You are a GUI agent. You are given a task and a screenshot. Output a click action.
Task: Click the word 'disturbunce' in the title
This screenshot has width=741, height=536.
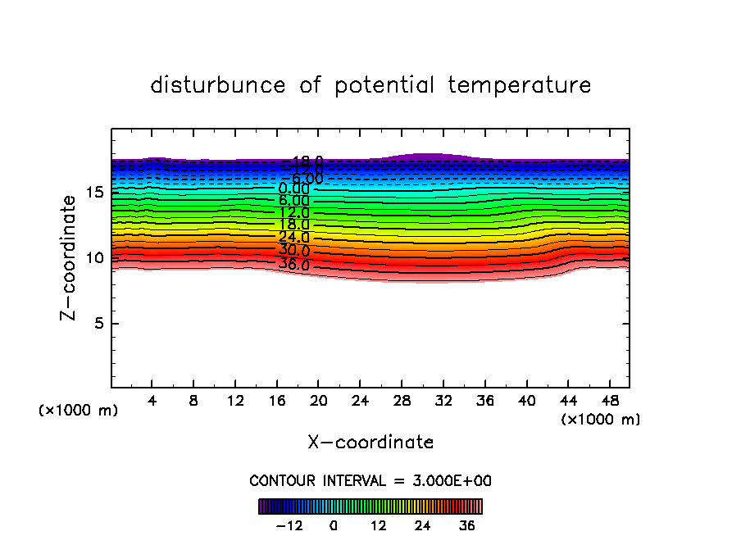218,85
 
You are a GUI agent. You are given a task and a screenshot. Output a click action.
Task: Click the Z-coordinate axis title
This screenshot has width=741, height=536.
71,257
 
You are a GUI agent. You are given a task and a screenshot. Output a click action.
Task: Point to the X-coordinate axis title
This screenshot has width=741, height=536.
370,443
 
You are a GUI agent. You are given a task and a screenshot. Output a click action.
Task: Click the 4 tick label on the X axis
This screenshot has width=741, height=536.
152,402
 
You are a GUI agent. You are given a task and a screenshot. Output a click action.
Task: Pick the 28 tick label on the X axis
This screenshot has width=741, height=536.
401,402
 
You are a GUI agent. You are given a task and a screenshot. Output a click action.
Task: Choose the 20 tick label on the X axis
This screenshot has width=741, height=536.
318,402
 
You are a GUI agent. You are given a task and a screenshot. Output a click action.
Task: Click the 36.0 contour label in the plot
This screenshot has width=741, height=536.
293,265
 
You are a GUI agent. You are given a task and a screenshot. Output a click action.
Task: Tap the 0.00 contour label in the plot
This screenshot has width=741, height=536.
293,189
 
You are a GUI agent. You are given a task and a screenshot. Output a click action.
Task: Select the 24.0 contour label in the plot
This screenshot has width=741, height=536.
293,238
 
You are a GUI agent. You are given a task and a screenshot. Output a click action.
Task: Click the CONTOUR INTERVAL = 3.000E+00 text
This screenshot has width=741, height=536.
370,480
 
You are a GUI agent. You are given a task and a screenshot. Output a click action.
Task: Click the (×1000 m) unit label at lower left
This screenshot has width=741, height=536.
79,411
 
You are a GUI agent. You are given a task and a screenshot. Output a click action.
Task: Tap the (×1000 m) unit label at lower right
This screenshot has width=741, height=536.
600,420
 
